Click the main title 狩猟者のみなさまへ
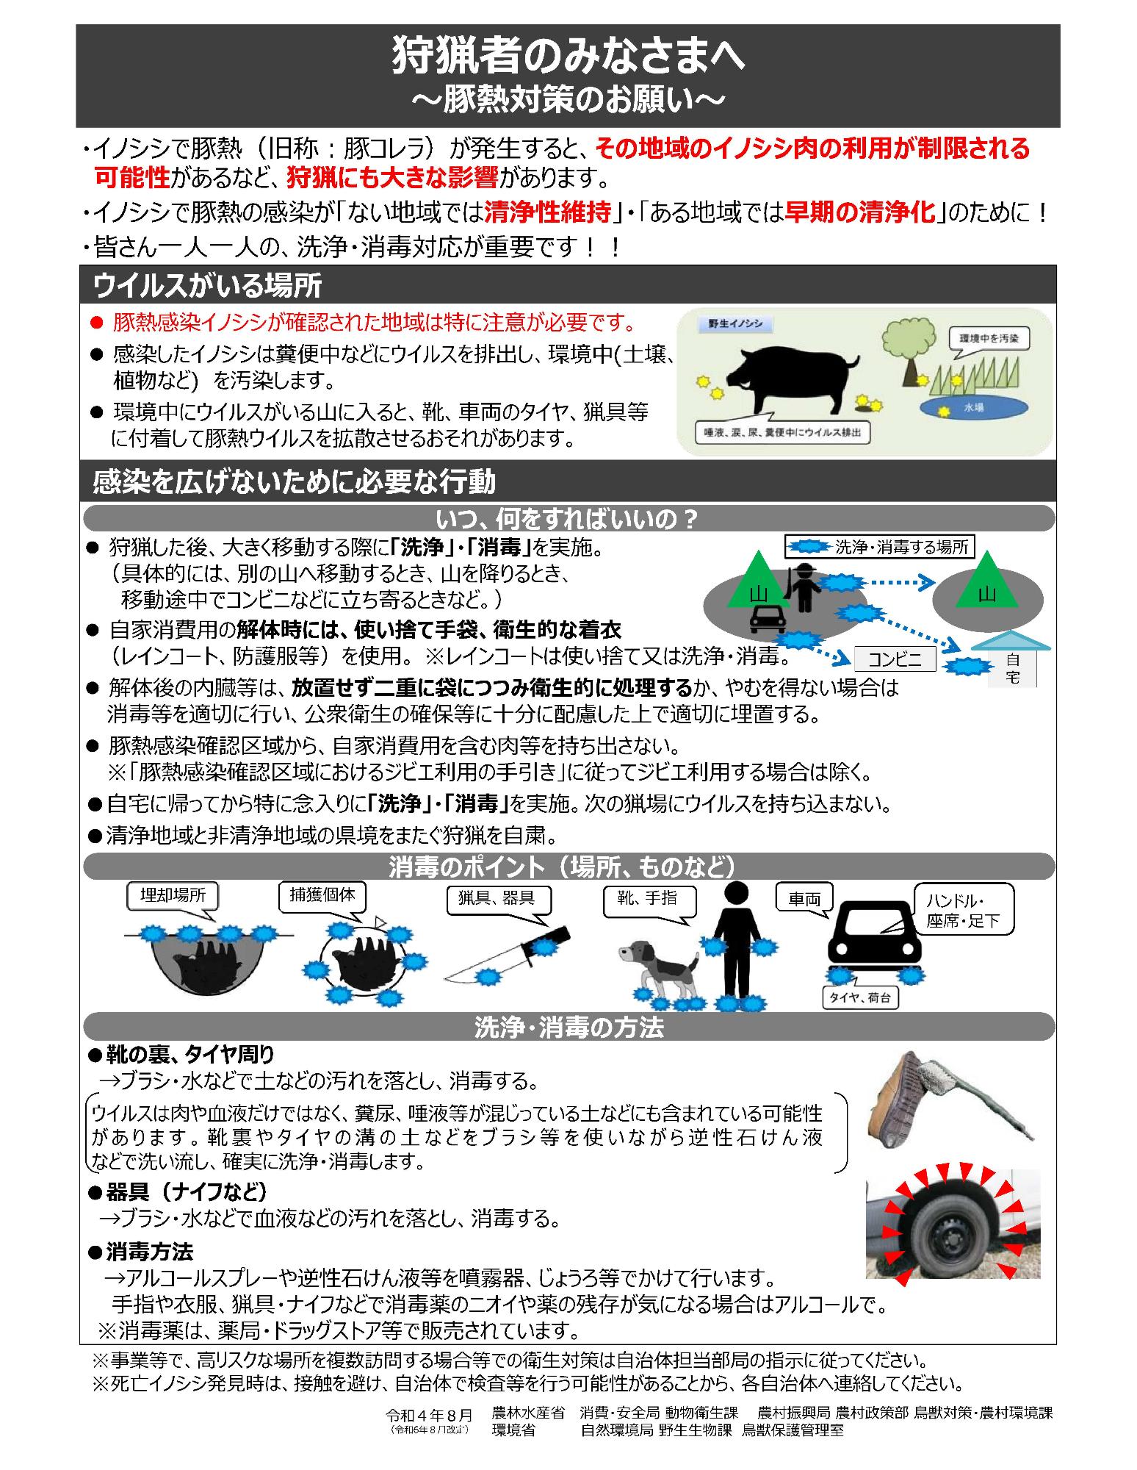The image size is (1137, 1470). [x=568, y=56]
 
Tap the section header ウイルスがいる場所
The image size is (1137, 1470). [x=208, y=285]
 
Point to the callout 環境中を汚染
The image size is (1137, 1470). [x=988, y=339]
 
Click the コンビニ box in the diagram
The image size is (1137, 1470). [x=895, y=659]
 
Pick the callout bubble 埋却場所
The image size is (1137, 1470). [x=173, y=895]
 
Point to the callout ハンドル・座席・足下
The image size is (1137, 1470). [x=963, y=910]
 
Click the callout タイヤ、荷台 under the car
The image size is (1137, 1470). [x=859, y=997]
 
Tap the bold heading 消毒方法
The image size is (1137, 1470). [x=149, y=1251]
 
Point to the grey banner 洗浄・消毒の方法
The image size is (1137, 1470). [x=568, y=1027]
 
